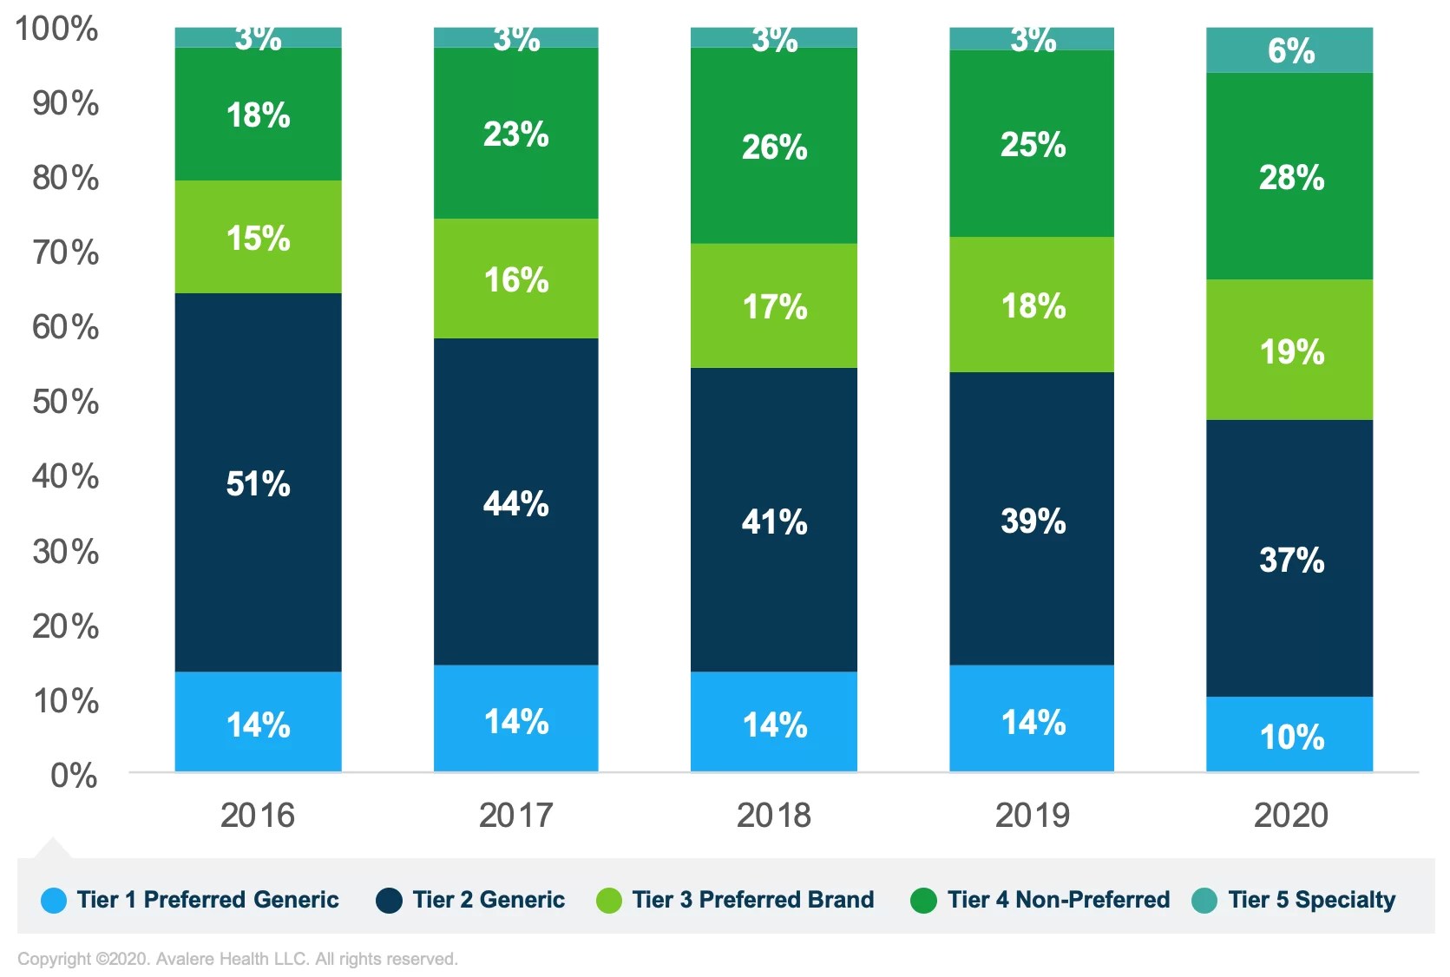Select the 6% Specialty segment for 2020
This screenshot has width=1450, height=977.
point(1289,50)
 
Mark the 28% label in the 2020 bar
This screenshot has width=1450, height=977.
point(1291,178)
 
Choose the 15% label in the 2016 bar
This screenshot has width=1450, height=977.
point(258,239)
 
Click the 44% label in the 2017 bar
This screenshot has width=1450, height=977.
point(515,504)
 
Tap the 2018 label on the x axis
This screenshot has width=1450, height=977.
point(773,816)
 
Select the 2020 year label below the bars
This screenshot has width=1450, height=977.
point(1290,816)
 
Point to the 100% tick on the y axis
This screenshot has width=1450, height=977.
point(56,29)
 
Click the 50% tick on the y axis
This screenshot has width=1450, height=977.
point(65,402)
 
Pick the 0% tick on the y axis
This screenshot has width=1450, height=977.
point(74,776)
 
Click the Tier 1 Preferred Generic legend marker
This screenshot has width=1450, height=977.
point(54,901)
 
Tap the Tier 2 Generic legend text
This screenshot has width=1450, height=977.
point(489,900)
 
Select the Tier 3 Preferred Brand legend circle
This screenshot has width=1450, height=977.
point(609,901)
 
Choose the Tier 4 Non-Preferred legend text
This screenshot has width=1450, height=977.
point(1058,900)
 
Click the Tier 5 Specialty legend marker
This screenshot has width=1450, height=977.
point(1204,901)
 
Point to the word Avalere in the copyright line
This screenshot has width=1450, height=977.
point(184,959)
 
